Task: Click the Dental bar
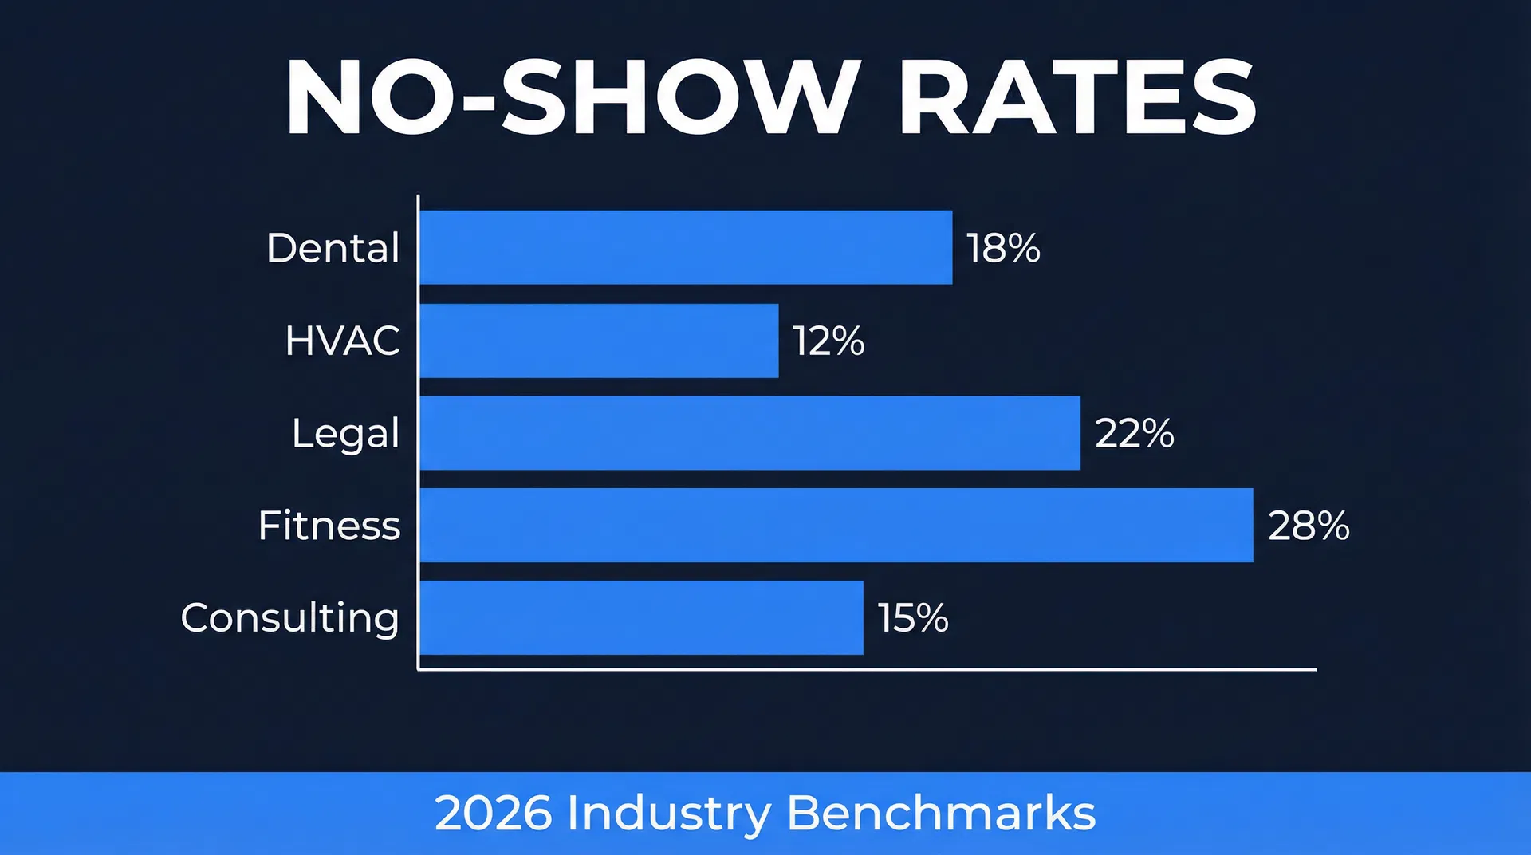point(686,247)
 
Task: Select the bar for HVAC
point(599,341)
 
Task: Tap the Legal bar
point(750,433)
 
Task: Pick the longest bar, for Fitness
point(836,526)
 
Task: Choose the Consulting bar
point(641,618)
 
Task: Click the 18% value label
point(1003,248)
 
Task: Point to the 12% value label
point(828,341)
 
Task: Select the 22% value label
point(1134,434)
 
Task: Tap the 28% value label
point(1309,526)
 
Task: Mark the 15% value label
point(913,618)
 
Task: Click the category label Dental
point(333,248)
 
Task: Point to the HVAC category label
point(342,341)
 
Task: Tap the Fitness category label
point(329,526)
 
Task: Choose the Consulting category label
point(289,619)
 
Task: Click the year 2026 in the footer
point(493,814)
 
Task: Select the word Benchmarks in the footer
point(941,814)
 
